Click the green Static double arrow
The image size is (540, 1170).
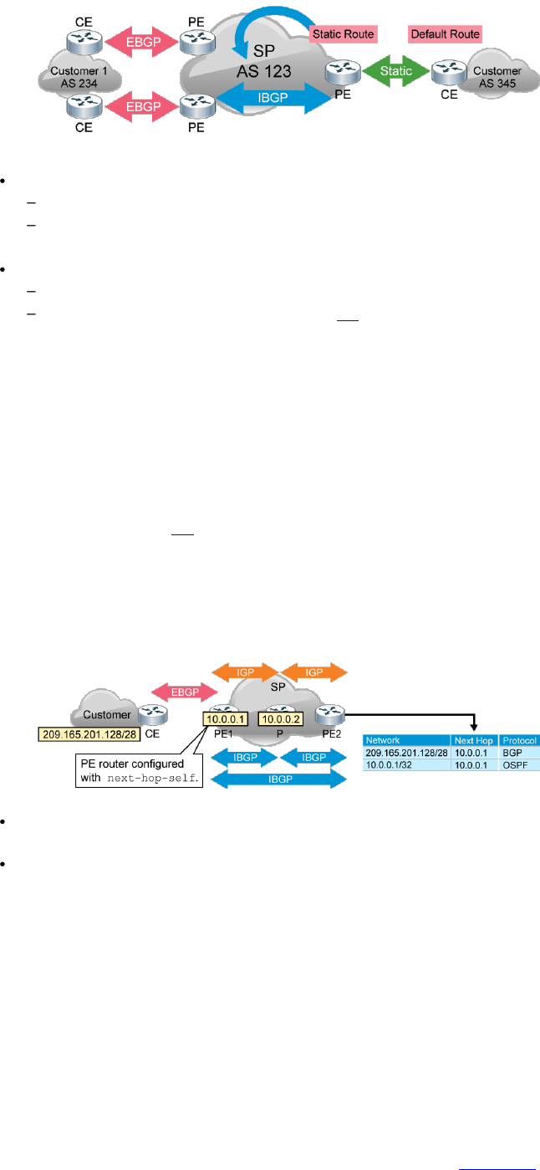pos(395,71)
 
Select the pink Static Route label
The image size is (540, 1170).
pos(343,34)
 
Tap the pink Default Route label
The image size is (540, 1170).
pos(445,34)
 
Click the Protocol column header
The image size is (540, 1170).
pos(519,741)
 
